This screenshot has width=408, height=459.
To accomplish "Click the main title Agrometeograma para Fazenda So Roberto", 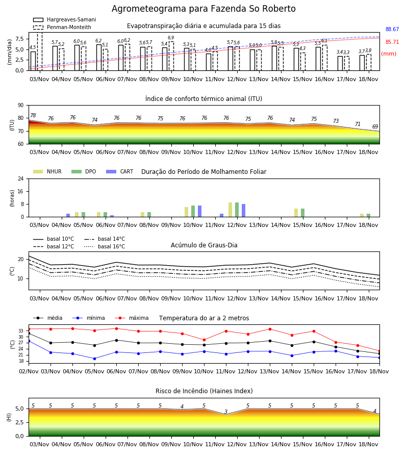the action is pos(203,9).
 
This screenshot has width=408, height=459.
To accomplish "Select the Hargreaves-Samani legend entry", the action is pos(64,19).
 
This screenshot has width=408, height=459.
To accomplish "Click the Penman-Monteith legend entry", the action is pos(62,27).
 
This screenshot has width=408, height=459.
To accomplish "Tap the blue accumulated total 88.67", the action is pos(392,29).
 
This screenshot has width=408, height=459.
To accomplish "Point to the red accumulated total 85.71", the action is pos(392,42).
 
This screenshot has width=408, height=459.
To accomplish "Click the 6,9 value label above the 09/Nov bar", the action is pos(171,37).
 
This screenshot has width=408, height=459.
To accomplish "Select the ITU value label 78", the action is pos(33,115).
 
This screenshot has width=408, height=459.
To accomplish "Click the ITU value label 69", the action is pos(375,126).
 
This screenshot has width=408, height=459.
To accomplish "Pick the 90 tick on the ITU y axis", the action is pos(21,106).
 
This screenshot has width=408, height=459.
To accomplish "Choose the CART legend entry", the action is pos(120,171).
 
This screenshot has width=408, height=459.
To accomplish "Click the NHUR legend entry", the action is pos(47,171).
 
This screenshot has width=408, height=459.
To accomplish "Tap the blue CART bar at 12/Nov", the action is pos(243,211).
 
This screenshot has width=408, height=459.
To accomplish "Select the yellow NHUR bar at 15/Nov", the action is pos(296,213).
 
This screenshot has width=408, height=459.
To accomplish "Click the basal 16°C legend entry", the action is pos(105,246).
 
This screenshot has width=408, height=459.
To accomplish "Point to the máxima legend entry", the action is pos(132,318).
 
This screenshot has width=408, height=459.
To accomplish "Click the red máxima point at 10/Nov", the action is pos(205,340).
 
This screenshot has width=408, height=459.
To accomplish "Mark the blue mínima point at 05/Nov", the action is pos(94,359).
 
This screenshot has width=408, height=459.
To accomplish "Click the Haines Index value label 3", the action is pos(226,412).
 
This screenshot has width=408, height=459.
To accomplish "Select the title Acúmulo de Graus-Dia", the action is pos(204,245).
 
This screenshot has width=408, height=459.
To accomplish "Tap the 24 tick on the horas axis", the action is pos(21,179).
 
